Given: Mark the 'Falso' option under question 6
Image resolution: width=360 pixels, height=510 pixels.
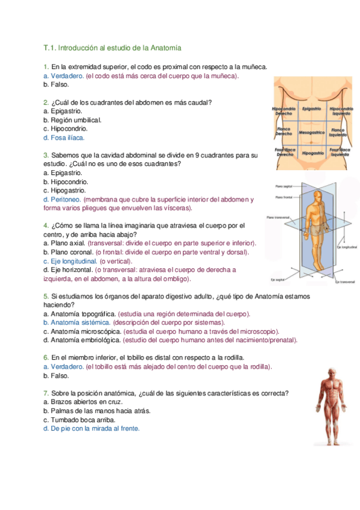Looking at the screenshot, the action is pyautogui.click(x=59, y=375).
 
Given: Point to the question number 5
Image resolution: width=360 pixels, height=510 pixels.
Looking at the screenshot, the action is pyautogui.click(x=46, y=296).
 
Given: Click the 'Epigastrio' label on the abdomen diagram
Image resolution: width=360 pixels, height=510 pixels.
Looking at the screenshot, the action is pyautogui.click(x=311, y=109).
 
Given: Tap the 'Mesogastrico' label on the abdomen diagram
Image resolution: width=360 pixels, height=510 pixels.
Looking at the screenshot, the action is pyautogui.click(x=311, y=132).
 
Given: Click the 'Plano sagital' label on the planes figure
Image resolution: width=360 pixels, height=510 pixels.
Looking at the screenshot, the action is pyautogui.click(x=282, y=186).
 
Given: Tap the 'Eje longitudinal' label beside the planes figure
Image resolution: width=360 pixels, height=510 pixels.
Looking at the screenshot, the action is pyautogui.click(x=347, y=247).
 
